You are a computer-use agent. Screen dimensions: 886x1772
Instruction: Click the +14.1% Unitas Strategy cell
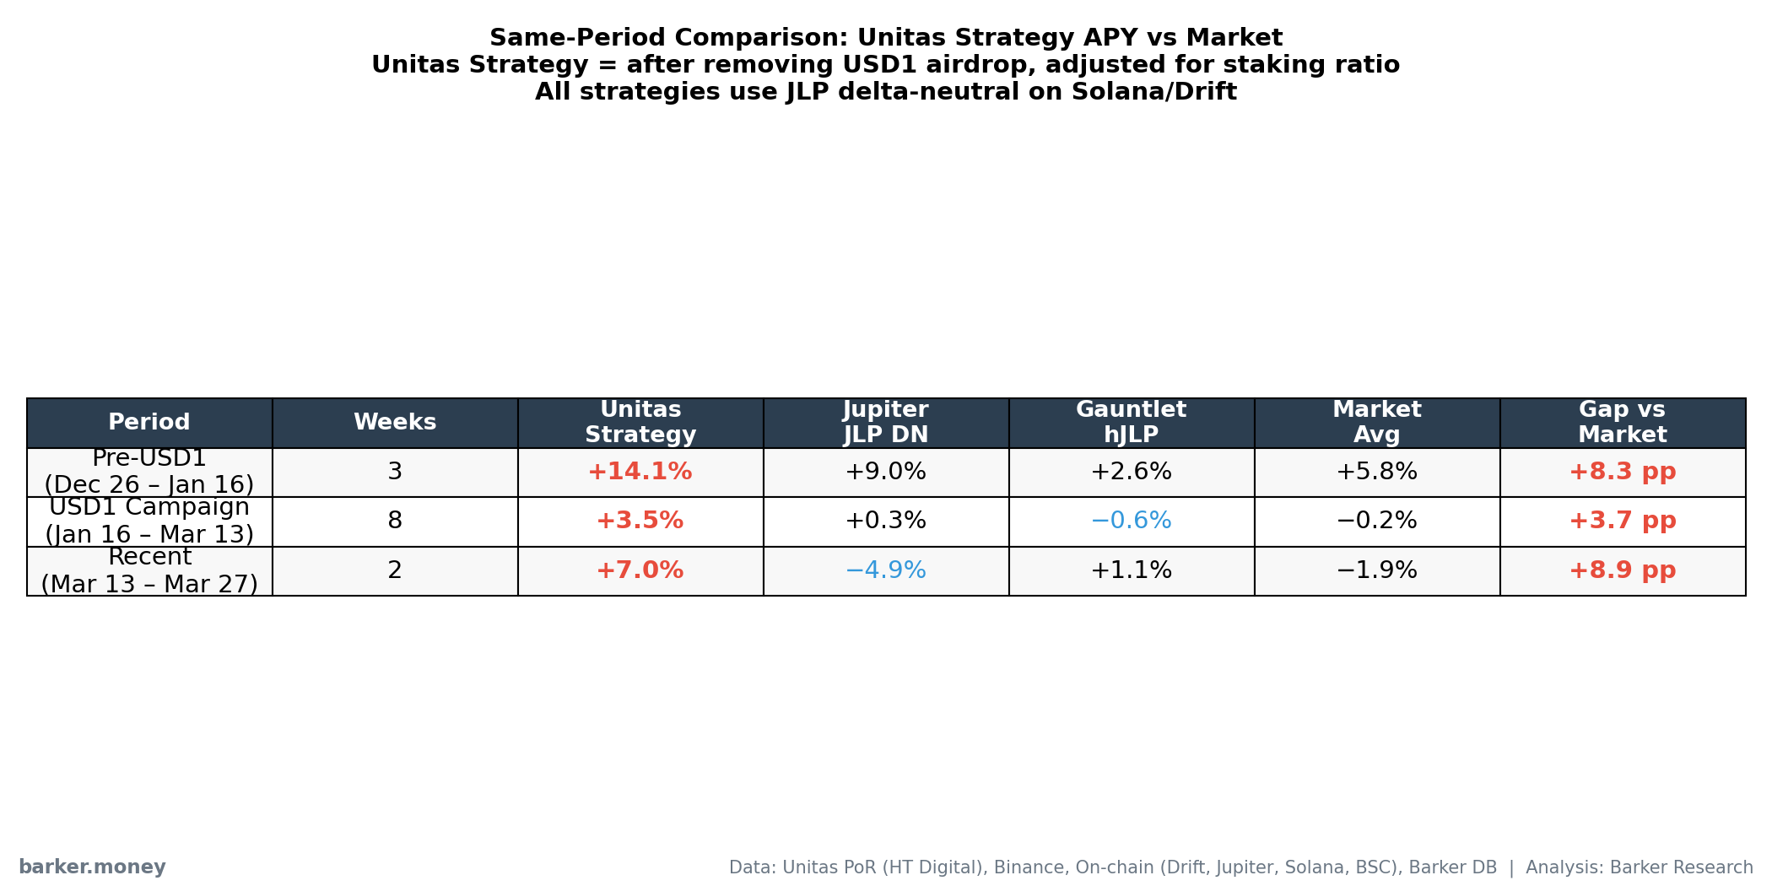(x=640, y=472)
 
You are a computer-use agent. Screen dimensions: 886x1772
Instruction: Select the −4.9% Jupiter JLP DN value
(x=885, y=570)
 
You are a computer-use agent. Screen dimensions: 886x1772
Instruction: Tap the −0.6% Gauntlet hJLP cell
(x=1131, y=521)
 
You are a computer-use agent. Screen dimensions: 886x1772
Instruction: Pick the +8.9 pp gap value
(x=1622, y=570)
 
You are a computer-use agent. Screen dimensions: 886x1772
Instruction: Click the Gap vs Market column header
(x=1622, y=422)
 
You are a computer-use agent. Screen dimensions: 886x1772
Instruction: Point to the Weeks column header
(x=395, y=422)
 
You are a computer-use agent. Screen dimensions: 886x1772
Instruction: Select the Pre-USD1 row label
(x=149, y=472)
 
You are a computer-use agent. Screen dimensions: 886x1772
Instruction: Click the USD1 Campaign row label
(x=149, y=521)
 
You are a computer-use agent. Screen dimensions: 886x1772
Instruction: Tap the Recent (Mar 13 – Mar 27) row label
(x=149, y=570)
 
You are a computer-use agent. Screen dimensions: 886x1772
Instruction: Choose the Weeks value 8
(x=395, y=521)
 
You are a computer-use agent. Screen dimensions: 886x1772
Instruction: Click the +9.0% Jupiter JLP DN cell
(x=885, y=472)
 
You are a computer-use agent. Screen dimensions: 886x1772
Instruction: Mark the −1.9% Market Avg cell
(x=1376, y=570)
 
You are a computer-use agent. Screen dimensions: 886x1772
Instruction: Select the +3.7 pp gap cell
(x=1622, y=521)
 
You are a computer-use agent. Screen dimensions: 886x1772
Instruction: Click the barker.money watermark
(x=92, y=867)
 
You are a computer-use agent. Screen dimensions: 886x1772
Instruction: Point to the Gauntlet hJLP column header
(x=1131, y=422)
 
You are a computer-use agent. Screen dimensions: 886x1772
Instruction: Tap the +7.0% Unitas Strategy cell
(x=640, y=570)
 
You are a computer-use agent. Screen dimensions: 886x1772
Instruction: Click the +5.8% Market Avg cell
(x=1376, y=472)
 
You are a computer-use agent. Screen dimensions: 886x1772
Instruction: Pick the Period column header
(x=149, y=422)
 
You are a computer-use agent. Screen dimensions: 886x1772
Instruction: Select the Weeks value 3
(x=395, y=472)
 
